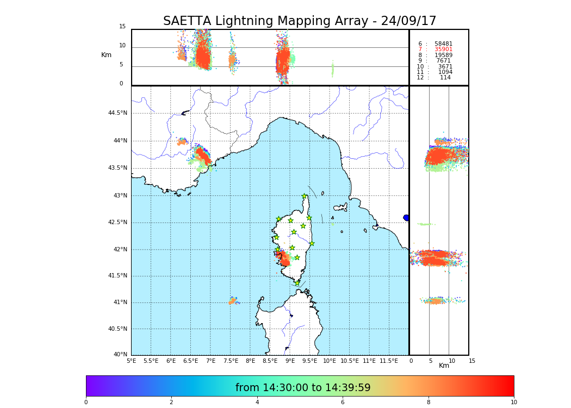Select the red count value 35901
click(443, 49)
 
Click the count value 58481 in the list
click(443, 44)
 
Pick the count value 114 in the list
click(445, 77)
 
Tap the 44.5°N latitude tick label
click(117, 113)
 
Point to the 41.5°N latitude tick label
click(117, 275)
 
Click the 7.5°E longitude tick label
click(231, 361)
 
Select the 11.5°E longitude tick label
click(389, 361)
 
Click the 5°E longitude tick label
click(132, 361)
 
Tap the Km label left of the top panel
click(107, 55)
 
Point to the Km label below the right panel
click(444, 366)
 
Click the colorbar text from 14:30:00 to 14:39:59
click(303, 387)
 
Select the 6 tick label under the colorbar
click(343, 402)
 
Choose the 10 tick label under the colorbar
click(513, 402)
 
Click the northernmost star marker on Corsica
click(305, 196)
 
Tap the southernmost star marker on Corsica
click(297, 283)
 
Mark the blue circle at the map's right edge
click(406, 218)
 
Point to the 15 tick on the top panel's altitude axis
click(122, 26)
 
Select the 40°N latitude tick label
click(120, 355)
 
